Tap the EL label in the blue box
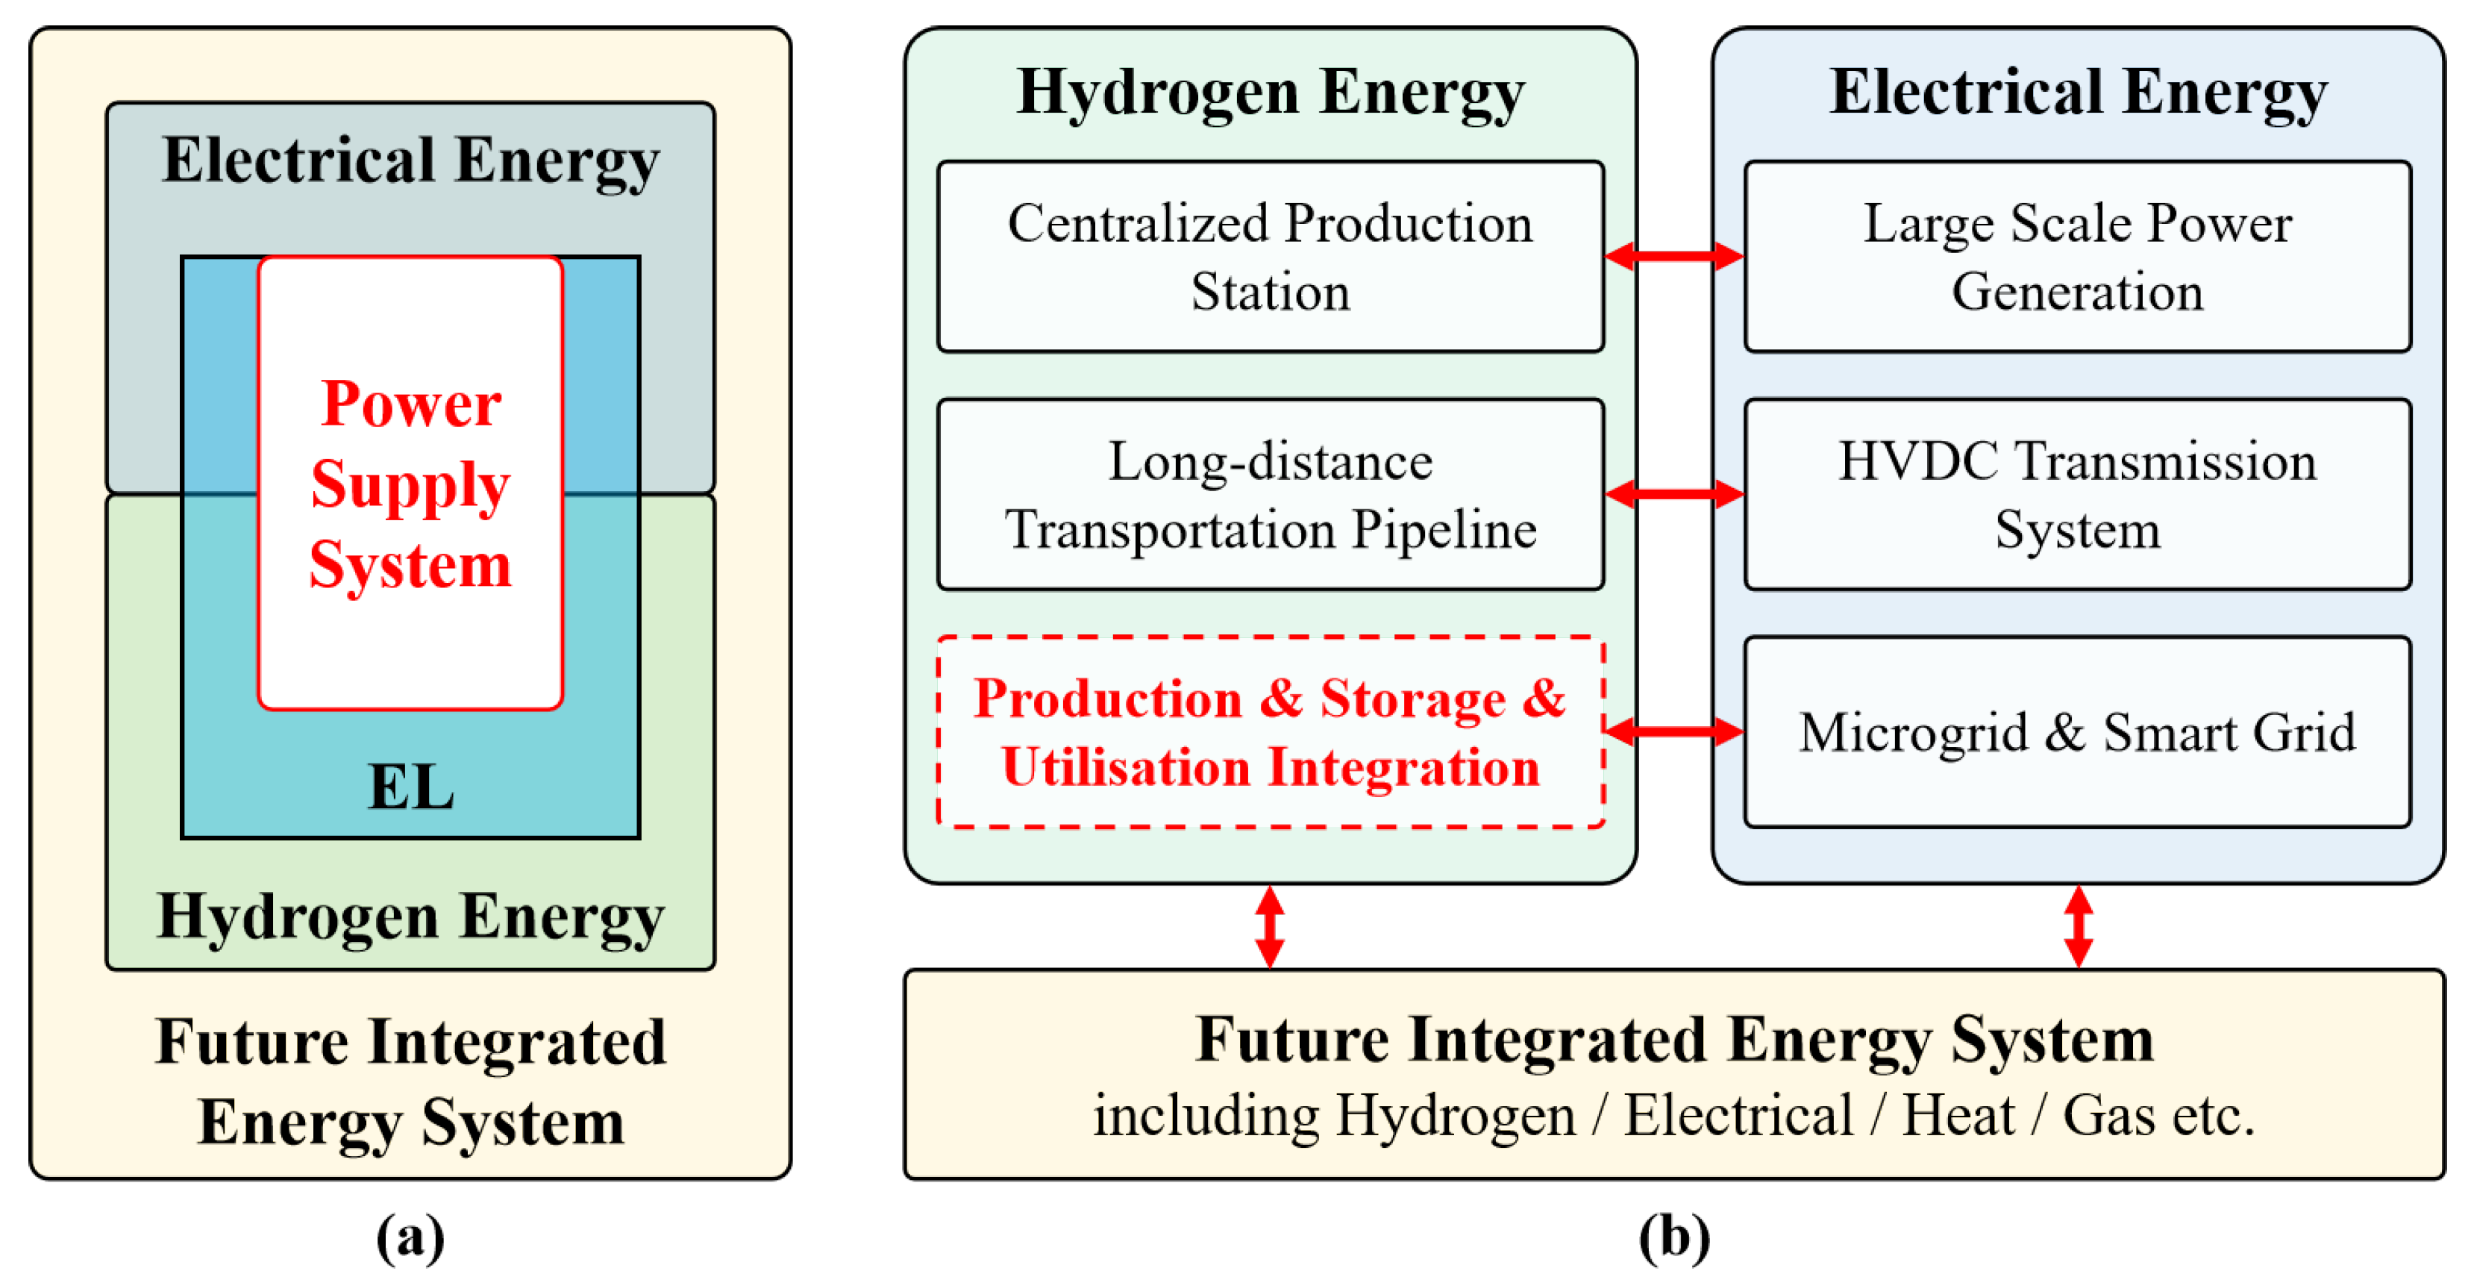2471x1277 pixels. click(410, 787)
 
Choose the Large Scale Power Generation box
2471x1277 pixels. click(2077, 257)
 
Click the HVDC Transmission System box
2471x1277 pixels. click(2077, 494)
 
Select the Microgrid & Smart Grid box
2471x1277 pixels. click(2077, 731)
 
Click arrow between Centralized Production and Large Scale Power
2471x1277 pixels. click(1674, 256)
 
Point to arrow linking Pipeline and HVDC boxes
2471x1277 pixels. click(1674, 494)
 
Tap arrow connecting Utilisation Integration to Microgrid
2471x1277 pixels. click(1674, 732)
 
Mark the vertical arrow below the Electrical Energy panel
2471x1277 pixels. click(2078, 926)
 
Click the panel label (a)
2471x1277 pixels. click(410, 1237)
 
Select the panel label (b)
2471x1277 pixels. click(1674, 1237)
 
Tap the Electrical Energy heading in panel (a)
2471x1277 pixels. click(410, 160)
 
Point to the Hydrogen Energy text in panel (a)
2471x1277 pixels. click(410, 917)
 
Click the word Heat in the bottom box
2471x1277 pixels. click(1958, 1115)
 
